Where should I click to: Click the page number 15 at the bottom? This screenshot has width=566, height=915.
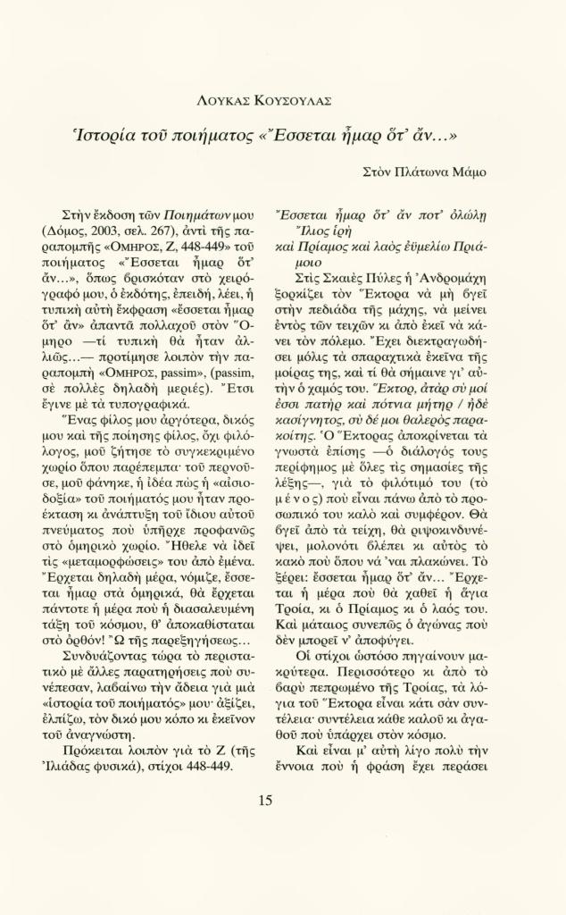pos(265,800)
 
